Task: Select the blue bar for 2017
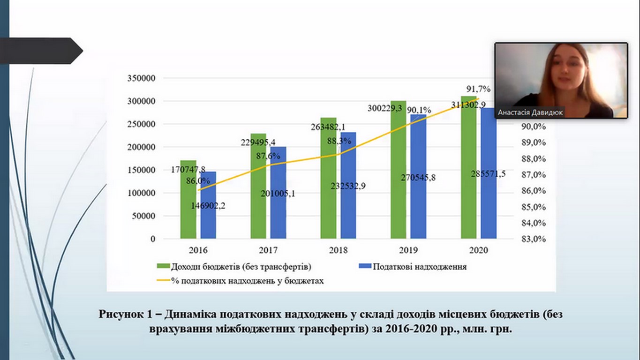click(278, 211)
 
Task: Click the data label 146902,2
click(208, 205)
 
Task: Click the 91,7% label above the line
click(478, 89)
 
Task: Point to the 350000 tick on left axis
click(141, 78)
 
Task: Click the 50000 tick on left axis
click(143, 216)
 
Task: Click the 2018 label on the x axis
click(338, 250)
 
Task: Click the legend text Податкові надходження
click(419, 267)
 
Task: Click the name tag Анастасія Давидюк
click(530, 112)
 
